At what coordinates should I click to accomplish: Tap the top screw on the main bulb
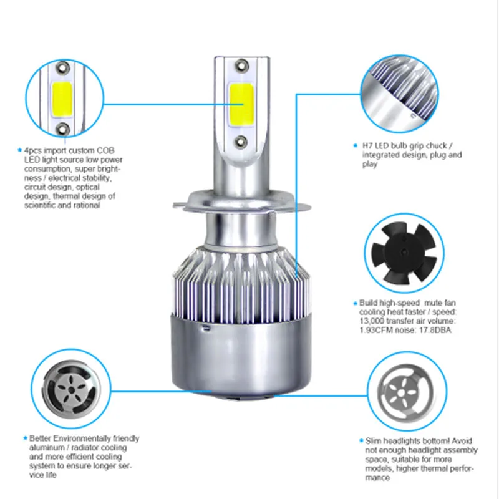pyautogui.click(x=241, y=64)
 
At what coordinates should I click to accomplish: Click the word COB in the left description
pyautogui.click(x=104, y=151)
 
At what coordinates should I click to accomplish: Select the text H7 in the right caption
pyautogui.click(x=368, y=145)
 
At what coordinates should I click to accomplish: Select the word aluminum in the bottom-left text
pyautogui.click(x=47, y=448)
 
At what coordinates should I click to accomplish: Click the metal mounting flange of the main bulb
pyautogui.click(x=241, y=203)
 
